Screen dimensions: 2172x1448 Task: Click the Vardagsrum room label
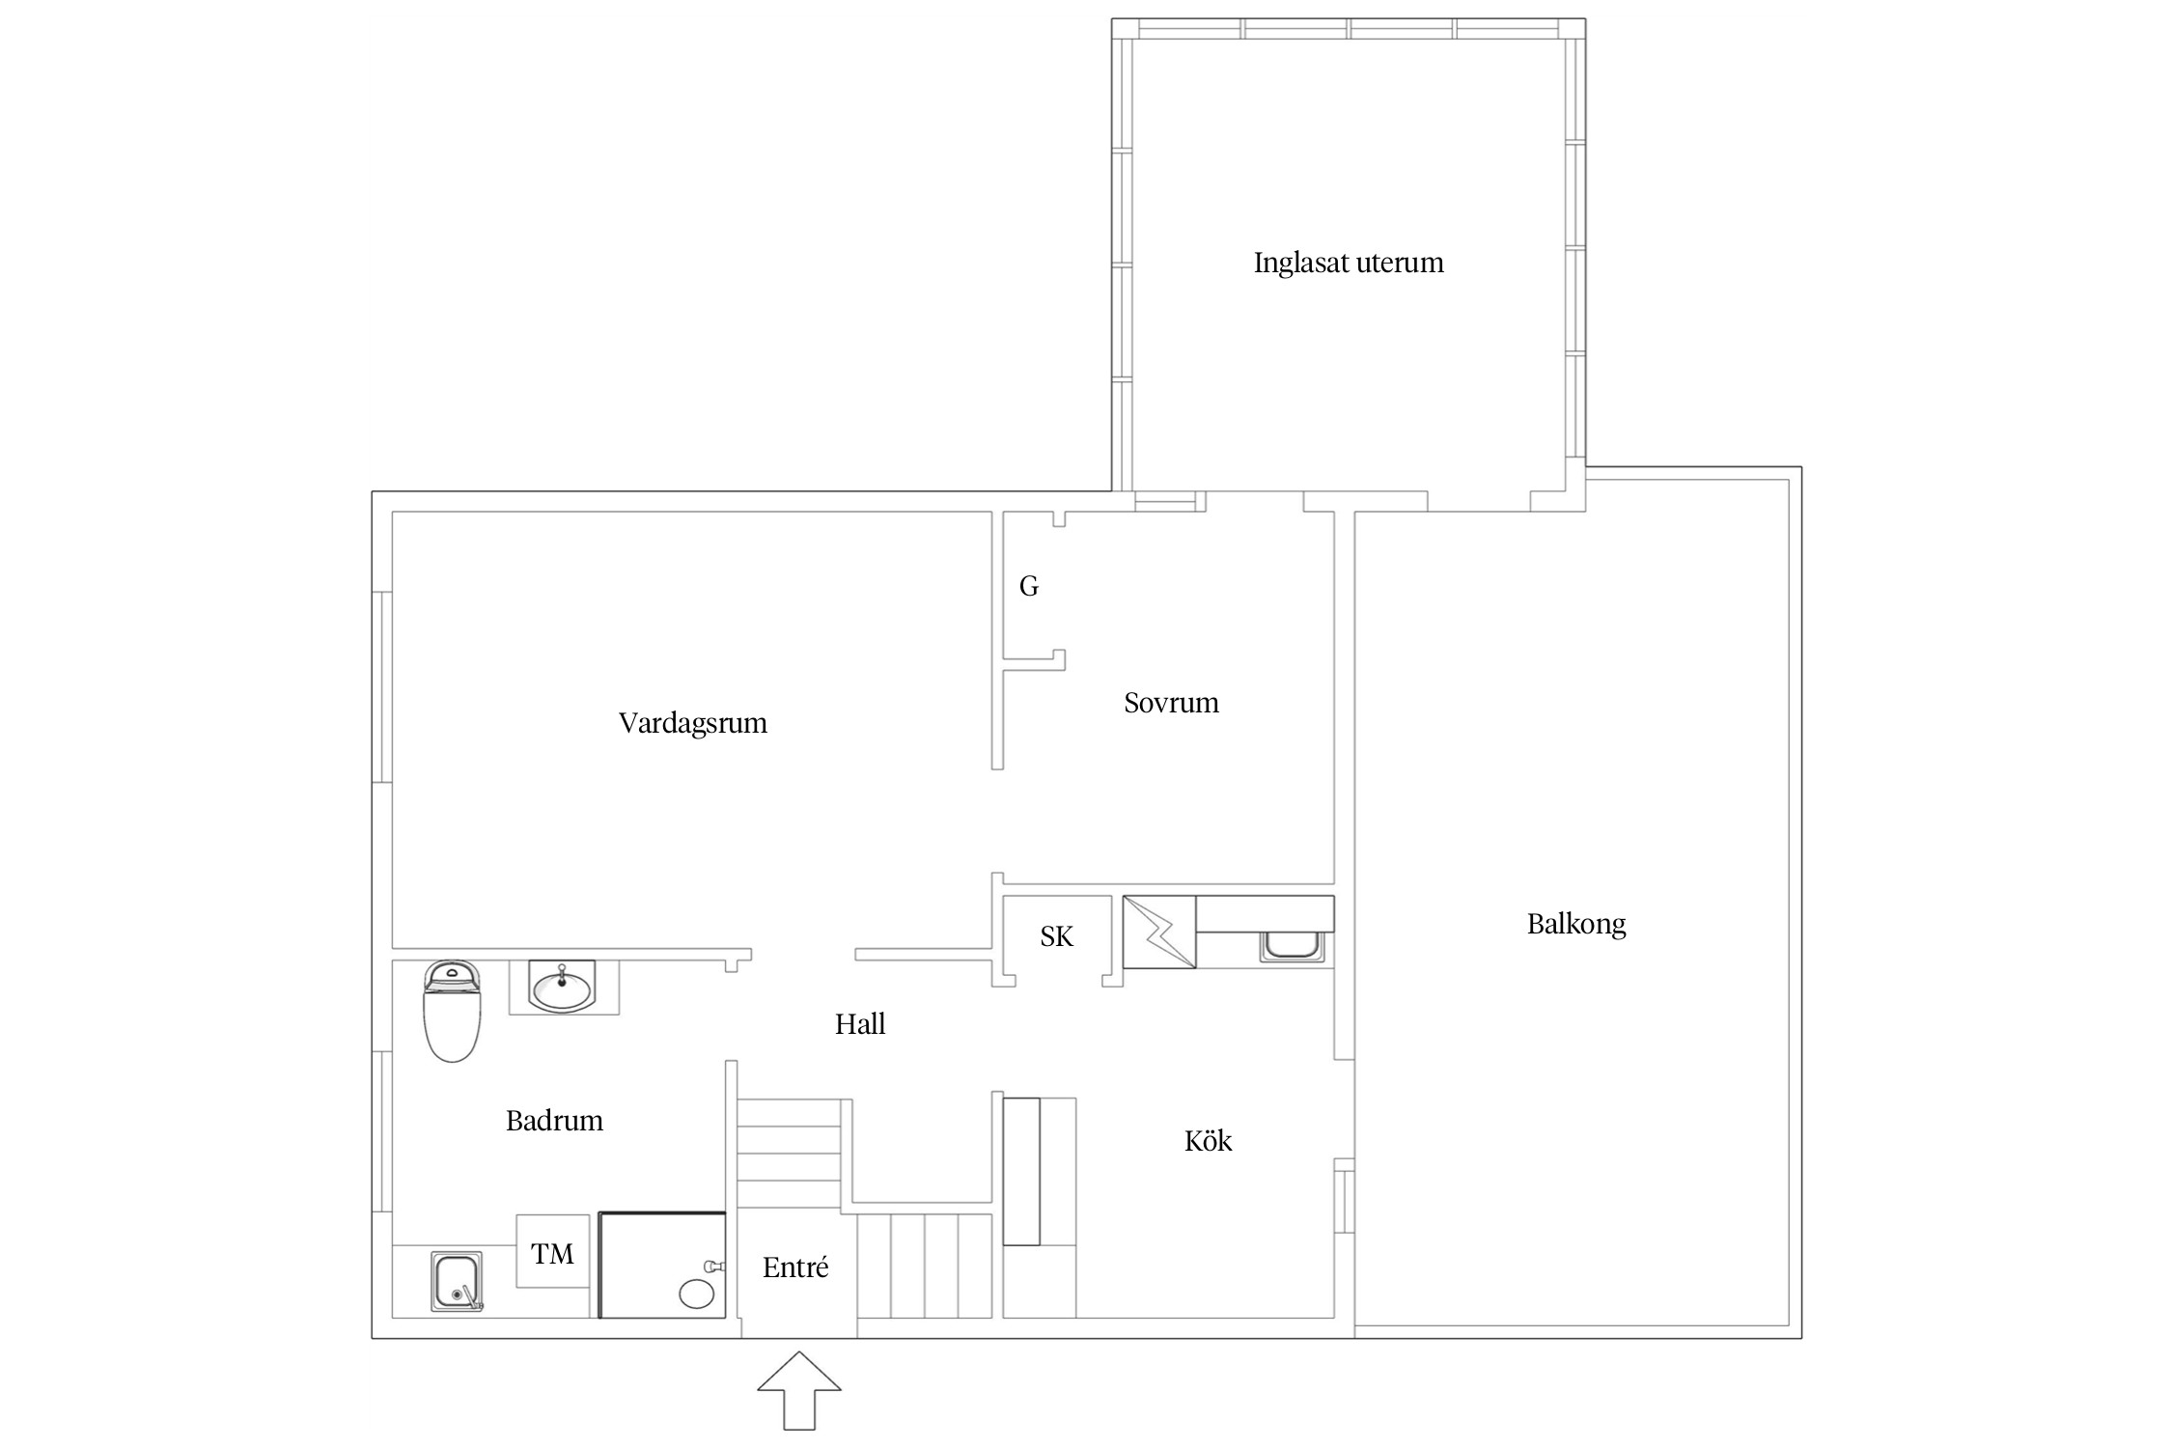point(693,723)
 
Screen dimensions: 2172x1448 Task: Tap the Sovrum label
point(1171,703)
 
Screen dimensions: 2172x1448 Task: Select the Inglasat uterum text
point(1349,263)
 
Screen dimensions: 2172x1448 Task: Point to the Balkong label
point(1576,925)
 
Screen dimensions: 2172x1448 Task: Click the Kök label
point(1208,1141)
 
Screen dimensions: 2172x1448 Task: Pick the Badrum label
point(554,1121)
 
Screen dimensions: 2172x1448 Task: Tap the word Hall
point(860,1024)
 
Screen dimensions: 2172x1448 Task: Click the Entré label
point(795,1267)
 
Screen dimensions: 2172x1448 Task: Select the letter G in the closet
point(1029,586)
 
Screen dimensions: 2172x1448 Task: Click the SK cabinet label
point(1056,936)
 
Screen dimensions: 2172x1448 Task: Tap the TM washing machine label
point(552,1254)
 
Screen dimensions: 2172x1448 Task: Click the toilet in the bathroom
point(452,1011)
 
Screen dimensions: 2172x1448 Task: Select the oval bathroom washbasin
point(562,987)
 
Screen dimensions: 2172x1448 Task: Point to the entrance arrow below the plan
point(799,1390)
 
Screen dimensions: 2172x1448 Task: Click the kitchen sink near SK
point(1291,946)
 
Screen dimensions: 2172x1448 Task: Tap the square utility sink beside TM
point(457,1281)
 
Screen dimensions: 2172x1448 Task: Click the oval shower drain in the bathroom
point(696,1294)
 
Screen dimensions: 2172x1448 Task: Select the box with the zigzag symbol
point(1159,932)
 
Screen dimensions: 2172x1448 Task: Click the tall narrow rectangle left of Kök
point(1021,1171)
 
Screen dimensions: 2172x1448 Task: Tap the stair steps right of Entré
point(925,1266)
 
